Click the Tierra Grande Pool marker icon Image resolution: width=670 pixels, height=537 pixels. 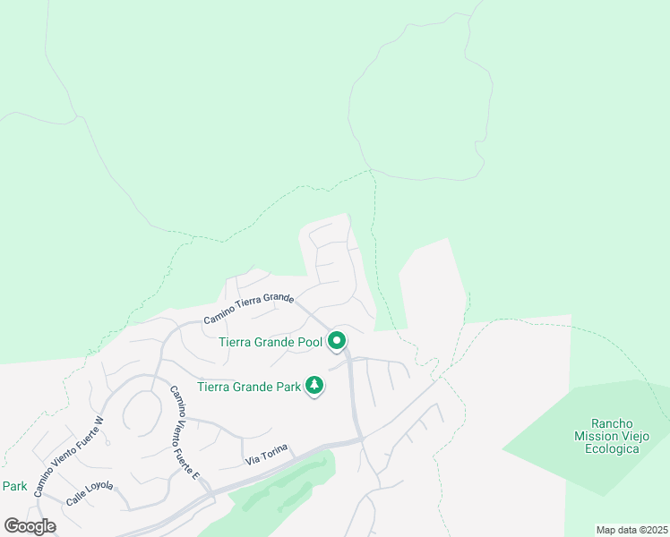[x=337, y=341]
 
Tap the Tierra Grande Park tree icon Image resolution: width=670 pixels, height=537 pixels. [x=314, y=386]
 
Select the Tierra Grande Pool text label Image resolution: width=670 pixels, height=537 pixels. [x=271, y=342]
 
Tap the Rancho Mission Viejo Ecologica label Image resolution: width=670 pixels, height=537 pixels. [x=612, y=436]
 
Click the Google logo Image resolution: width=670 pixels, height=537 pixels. [x=30, y=526]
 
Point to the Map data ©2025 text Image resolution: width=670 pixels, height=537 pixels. [x=631, y=530]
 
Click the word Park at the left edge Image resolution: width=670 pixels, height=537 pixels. [x=13, y=487]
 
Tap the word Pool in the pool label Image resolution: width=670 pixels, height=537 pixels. [x=309, y=342]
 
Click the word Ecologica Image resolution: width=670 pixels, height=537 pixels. [x=612, y=448]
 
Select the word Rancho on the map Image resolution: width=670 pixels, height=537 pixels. [x=612, y=423]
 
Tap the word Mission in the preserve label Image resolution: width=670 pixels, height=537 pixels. [x=597, y=436]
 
